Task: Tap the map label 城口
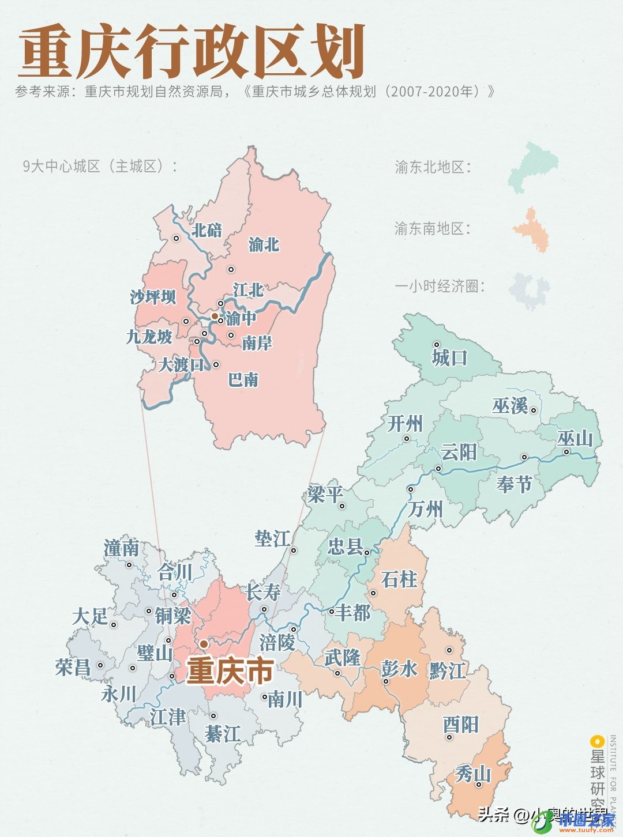450,358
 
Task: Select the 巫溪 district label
511,406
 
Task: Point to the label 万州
425,510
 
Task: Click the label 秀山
473,774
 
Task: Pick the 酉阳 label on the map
461,725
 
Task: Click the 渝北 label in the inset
264,244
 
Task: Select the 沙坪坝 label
153,297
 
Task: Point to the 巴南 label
243,380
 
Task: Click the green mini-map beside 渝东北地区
534,167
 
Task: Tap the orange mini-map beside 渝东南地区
532,229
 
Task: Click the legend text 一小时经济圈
438,286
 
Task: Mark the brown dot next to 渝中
214,316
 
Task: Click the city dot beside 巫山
566,452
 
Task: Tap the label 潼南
122,549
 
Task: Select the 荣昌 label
73,668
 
